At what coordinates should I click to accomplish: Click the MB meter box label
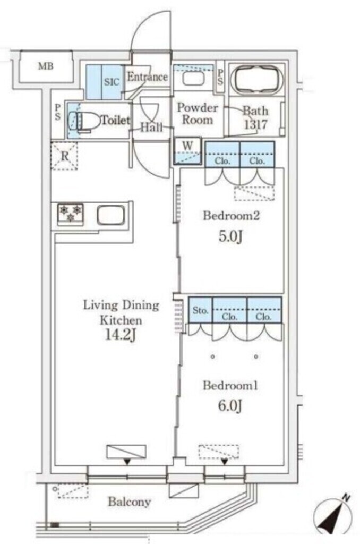(x=46, y=66)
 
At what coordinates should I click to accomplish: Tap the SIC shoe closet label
(x=112, y=82)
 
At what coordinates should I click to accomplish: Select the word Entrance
(x=148, y=76)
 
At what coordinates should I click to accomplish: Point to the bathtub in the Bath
(x=256, y=80)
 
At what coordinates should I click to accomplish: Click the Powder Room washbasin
(x=193, y=79)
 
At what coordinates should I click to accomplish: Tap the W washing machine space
(x=187, y=151)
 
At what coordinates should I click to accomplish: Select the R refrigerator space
(x=64, y=156)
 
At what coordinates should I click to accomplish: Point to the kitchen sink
(x=111, y=215)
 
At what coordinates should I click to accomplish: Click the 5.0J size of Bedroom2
(x=230, y=237)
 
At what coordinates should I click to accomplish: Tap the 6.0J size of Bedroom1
(x=230, y=405)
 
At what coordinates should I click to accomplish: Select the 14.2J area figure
(x=121, y=335)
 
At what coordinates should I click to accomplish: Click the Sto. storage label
(x=200, y=310)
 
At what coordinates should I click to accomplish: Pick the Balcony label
(x=130, y=501)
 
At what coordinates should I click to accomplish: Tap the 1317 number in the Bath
(x=255, y=124)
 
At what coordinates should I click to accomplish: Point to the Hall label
(x=151, y=127)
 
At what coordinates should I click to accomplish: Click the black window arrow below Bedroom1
(x=225, y=462)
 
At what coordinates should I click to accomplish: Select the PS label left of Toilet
(x=57, y=112)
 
